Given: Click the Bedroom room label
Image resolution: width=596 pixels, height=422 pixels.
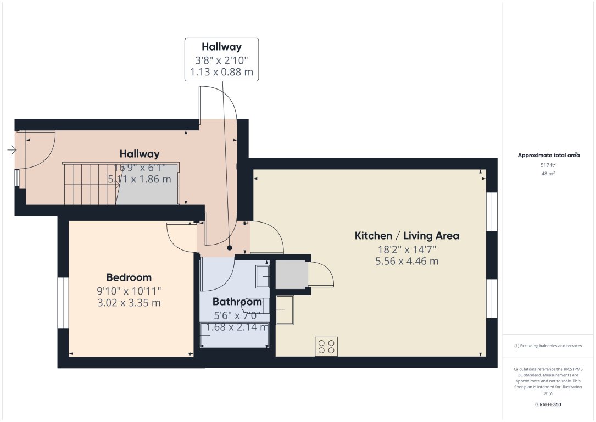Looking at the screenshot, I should [x=129, y=277].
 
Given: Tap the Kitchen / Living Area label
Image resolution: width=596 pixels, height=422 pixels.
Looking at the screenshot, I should [x=406, y=236].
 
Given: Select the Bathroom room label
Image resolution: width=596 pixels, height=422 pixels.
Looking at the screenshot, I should [x=237, y=302].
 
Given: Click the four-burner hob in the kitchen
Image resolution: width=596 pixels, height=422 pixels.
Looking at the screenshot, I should [x=326, y=346].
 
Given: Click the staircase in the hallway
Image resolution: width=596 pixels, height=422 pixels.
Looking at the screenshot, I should [x=91, y=184].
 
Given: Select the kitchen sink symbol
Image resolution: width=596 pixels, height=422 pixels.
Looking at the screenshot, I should [x=285, y=310].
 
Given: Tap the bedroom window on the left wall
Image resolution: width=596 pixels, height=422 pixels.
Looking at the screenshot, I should [x=63, y=303].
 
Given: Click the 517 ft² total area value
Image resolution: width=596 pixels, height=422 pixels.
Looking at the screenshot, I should [x=548, y=165].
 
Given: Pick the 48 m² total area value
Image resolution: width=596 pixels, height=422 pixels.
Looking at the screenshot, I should [x=548, y=174].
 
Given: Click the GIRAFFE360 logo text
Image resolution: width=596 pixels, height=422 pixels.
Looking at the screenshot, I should [x=548, y=404].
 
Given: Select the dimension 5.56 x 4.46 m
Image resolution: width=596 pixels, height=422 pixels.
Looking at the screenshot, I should [x=406, y=262].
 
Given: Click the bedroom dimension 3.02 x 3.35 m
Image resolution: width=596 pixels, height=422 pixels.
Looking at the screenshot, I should [x=129, y=303].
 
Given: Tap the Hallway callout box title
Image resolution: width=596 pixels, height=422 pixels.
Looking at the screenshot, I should [x=221, y=47].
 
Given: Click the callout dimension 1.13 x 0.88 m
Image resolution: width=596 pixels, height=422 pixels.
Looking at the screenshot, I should [x=221, y=72].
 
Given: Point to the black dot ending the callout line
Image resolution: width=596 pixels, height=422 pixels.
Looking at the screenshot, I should [x=230, y=248].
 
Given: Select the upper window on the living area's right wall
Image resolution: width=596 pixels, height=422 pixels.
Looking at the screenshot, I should [x=492, y=211].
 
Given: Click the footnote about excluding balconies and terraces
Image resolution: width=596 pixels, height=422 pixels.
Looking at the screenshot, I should [x=548, y=346].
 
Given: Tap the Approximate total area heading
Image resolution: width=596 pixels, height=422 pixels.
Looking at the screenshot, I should [x=548, y=156].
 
